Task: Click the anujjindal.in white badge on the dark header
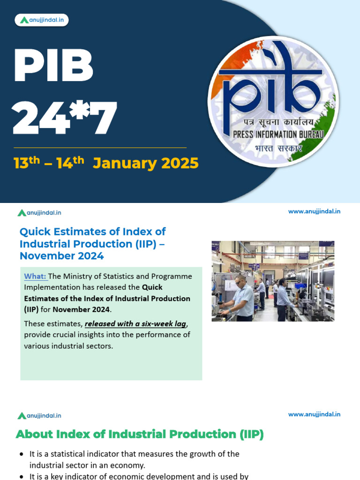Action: click(42, 20)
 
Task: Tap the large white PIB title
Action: click(53, 66)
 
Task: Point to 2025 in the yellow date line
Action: click(180, 164)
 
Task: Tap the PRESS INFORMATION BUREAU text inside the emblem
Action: click(277, 135)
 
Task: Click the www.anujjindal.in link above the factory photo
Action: click(314, 211)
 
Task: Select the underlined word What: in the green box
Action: click(35, 277)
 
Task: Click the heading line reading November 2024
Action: click(61, 256)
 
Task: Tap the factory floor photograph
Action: click(273, 281)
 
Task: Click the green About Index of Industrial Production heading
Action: click(140, 435)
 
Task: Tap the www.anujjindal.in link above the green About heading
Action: click(314, 414)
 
